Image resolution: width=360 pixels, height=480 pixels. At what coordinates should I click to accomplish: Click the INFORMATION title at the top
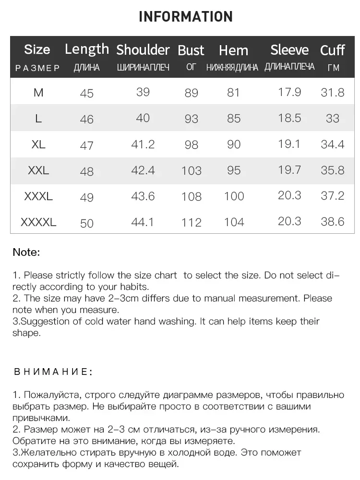[186, 17]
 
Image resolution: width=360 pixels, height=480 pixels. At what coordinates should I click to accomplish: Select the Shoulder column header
[143, 49]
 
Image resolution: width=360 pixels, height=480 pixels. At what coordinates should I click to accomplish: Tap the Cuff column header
[332, 50]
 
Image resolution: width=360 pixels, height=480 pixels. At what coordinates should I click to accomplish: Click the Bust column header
[191, 50]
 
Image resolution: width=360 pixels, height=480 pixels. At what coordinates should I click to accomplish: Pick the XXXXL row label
[38, 222]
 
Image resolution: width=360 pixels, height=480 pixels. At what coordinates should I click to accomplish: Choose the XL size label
[38, 144]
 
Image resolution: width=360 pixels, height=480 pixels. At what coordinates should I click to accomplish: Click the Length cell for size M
[87, 93]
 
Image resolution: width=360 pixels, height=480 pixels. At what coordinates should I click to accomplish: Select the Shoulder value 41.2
[143, 144]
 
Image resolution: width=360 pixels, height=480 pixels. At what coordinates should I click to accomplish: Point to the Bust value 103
[192, 170]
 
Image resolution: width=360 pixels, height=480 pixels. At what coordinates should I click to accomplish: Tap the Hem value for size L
[234, 118]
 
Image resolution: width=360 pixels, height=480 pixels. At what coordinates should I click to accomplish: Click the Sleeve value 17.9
[289, 92]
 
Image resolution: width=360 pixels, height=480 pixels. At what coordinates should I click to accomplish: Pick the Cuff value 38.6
[333, 221]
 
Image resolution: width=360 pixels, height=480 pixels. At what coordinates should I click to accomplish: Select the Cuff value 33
[333, 118]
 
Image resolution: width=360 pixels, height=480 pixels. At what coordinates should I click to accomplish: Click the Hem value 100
[234, 196]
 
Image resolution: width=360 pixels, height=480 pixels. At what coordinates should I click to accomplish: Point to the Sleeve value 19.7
[289, 169]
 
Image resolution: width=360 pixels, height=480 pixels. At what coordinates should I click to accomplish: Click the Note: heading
[26, 252]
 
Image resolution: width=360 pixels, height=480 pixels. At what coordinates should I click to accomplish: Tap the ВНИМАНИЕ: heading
[53, 372]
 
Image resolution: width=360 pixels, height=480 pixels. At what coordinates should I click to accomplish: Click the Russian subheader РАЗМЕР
[38, 68]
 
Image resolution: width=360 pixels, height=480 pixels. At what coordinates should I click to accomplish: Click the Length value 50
[87, 223]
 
